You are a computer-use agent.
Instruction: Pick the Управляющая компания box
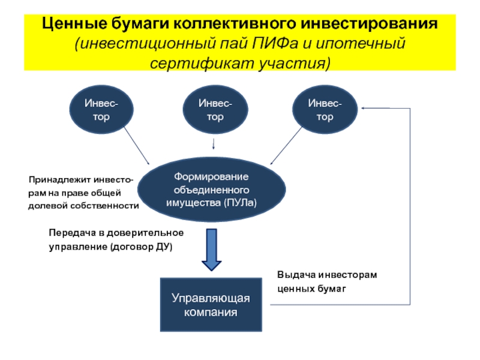coord(211,305)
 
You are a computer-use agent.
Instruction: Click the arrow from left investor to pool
coord(137,148)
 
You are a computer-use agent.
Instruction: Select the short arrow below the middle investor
coord(215,144)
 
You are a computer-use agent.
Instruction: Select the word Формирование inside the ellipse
coord(211,177)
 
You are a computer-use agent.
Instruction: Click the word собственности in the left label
coord(112,206)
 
